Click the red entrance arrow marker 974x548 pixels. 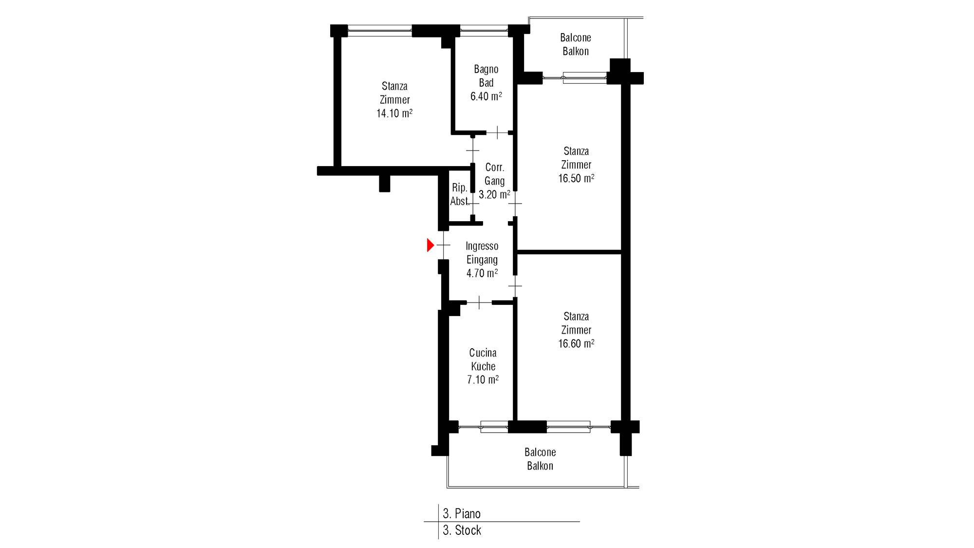click(430, 245)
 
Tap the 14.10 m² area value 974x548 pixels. click(394, 113)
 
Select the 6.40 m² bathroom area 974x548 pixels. click(486, 96)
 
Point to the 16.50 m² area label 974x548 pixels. click(576, 178)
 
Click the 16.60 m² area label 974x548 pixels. click(576, 343)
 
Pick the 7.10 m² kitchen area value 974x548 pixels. click(483, 379)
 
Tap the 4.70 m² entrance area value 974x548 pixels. click(482, 273)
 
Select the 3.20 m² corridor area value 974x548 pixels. click(494, 194)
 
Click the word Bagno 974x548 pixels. click(486, 70)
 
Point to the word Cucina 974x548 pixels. click(483, 353)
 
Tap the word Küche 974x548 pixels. click(483, 366)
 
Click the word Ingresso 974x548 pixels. click(482, 246)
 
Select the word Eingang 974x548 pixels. click(482, 260)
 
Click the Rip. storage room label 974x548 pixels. click(460, 188)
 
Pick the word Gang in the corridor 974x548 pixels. click(494, 181)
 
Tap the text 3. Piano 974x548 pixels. click(462, 513)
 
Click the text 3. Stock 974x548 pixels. click(462, 530)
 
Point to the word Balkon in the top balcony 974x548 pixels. click(576, 51)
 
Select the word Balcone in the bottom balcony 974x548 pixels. click(540, 452)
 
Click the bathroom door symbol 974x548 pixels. click(497, 132)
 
